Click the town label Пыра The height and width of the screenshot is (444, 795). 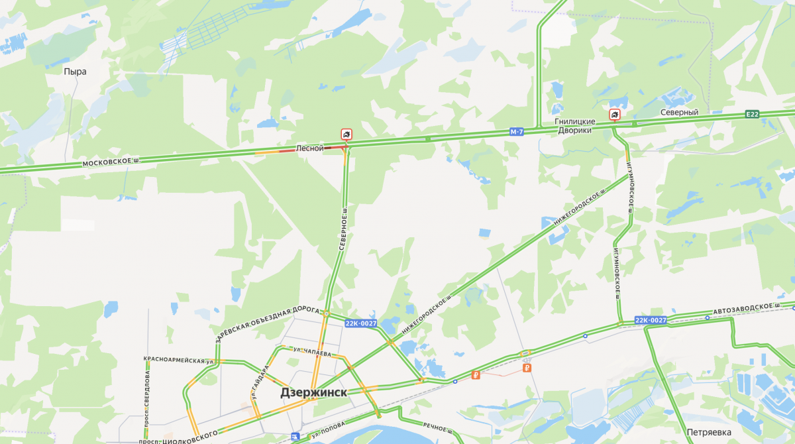coord(75,72)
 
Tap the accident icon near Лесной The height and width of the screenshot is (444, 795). coord(346,135)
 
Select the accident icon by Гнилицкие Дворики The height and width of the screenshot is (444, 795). coord(615,115)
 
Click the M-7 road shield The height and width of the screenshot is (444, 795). coord(516,133)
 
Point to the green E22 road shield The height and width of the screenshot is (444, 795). coord(752,115)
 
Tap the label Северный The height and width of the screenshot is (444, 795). coord(679,113)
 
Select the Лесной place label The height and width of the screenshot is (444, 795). coord(309,148)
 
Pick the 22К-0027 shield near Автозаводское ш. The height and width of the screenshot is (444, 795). coord(650,321)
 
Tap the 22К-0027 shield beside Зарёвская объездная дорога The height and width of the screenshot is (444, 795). coord(360,323)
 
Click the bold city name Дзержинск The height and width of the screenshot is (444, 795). coord(313,393)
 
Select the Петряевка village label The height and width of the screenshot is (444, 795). coord(710,433)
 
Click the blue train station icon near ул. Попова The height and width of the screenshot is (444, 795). coord(294,437)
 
